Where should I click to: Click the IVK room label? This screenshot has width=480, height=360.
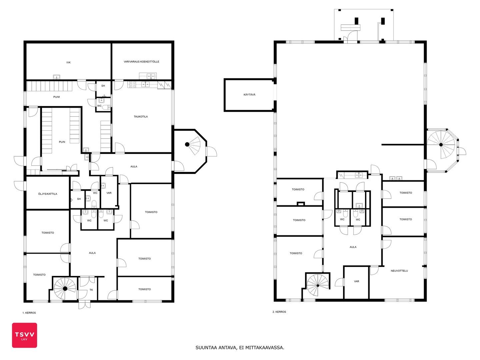[x=68, y=63]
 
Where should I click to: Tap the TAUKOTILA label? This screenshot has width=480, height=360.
[x=141, y=117]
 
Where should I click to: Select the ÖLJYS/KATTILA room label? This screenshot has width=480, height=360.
[x=47, y=194]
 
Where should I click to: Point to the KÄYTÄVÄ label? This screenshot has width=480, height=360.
[x=249, y=95]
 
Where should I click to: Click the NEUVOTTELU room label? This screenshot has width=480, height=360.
[x=399, y=271]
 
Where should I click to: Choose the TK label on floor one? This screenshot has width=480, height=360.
[x=91, y=290]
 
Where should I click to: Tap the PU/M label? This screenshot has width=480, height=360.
[x=56, y=97]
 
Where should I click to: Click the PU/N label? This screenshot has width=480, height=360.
[x=62, y=142]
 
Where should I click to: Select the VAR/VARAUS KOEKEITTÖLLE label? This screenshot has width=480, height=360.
[x=141, y=62]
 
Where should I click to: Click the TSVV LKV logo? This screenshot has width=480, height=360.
[x=24, y=335]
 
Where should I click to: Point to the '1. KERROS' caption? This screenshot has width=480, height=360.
[x=29, y=313]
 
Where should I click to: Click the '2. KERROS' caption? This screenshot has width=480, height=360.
[x=279, y=312]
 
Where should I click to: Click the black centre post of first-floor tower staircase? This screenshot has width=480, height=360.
[x=187, y=144]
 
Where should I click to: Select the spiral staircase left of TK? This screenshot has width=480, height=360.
[x=65, y=289]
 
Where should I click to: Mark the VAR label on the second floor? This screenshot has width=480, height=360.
[x=356, y=282]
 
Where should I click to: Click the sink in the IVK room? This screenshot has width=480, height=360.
[x=57, y=77]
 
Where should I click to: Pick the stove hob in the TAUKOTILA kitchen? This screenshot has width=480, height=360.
[x=132, y=84]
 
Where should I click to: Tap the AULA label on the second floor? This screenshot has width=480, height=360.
[x=353, y=247]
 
